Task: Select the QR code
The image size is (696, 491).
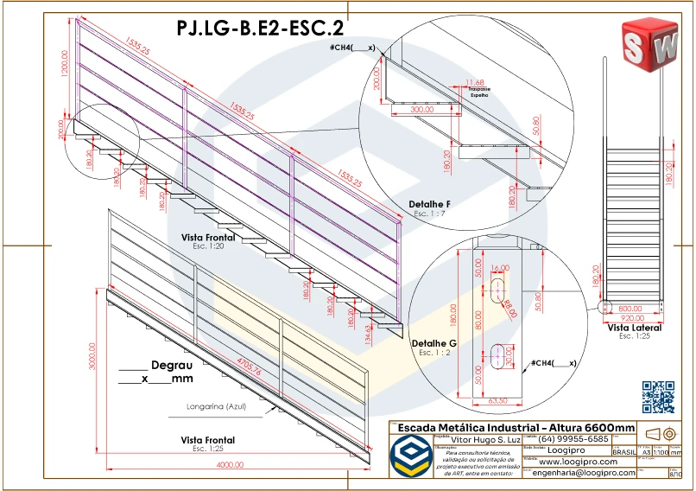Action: tap(658, 396)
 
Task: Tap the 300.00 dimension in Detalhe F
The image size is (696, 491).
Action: tap(421, 111)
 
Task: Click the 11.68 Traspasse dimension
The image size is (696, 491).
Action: tap(474, 81)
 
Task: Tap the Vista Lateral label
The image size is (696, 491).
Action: tap(634, 328)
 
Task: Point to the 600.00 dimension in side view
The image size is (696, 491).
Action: tap(630, 308)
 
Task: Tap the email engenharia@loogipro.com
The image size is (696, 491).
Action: tap(583, 473)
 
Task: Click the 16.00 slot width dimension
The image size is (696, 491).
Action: tap(500, 269)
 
